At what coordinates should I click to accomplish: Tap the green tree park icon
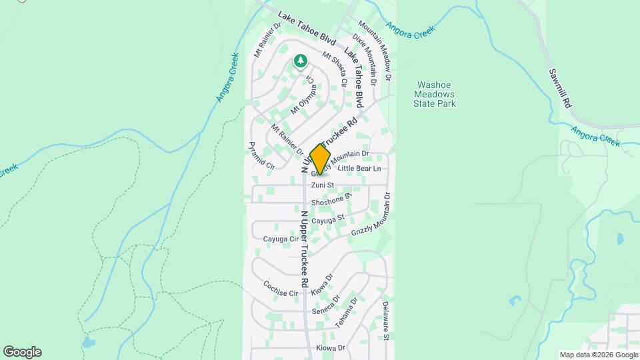point(301,62)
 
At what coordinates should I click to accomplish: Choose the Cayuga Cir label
point(280,238)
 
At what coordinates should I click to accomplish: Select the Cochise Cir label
point(280,288)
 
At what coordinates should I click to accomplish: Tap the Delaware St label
point(385,319)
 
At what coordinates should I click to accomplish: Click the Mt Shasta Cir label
point(334,70)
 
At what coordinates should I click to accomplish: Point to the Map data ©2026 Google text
point(598,355)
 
